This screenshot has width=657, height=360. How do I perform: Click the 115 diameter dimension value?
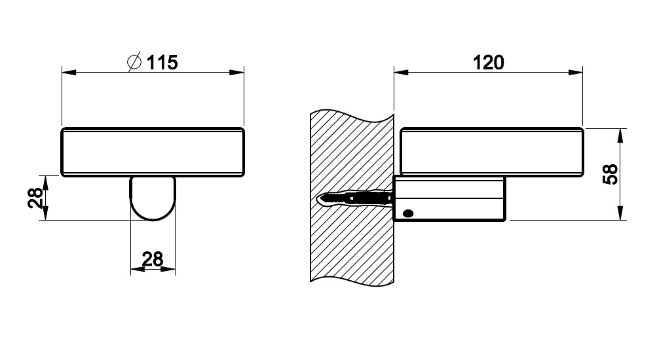tap(162, 62)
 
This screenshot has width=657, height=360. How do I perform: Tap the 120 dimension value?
tap(488, 62)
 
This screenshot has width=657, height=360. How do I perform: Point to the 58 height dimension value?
tap(610, 174)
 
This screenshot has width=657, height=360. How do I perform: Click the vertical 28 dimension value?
tap(35, 198)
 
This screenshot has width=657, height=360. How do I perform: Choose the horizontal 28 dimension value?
tap(153, 259)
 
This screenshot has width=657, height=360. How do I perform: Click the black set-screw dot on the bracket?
tap(407, 213)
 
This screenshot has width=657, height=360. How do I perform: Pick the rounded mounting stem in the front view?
tap(153, 198)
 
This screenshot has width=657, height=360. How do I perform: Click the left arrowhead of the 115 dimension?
tap(69, 73)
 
